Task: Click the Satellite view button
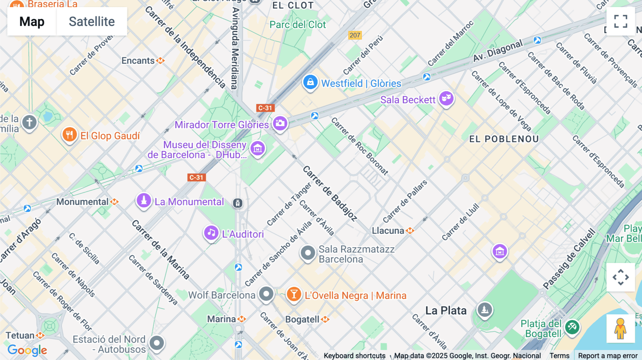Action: [92, 21]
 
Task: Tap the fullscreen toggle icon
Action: [621, 21]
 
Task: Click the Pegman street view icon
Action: [621, 329]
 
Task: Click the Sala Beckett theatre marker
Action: [446, 98]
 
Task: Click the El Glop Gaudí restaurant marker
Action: [70, 135]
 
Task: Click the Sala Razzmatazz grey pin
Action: [307, 253]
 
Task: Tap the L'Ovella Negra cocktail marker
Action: [294, 294]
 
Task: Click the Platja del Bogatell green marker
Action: [572, 326]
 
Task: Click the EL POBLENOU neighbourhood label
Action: [504, 139]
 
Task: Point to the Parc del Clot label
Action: [297, 25]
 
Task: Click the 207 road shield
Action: [355, 35]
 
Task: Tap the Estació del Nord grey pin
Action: [157, 343]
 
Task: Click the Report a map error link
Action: [607, 355]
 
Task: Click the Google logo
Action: [27, 350]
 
